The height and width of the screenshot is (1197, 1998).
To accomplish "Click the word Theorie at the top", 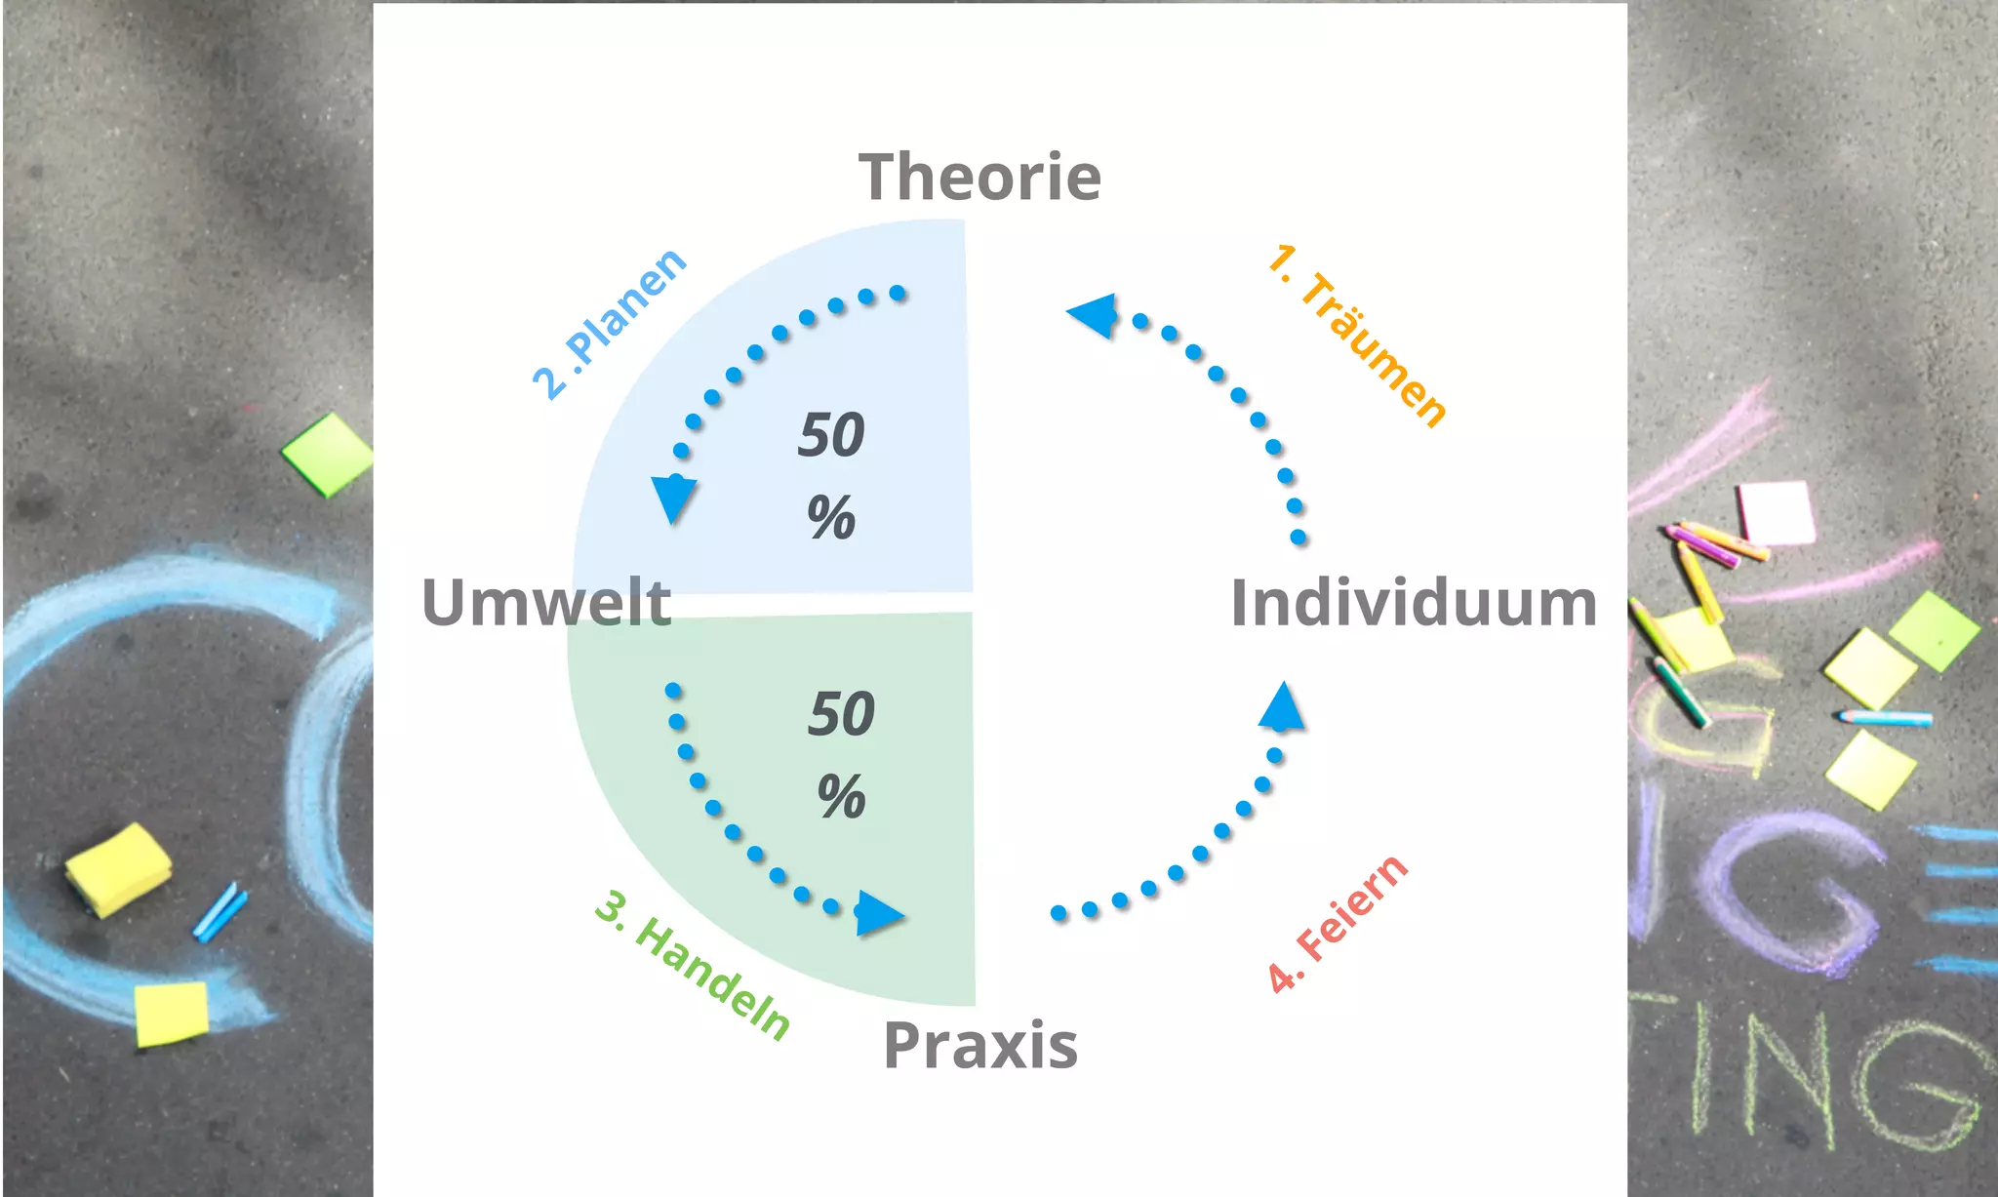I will pyautogui.click(x=979, y=179).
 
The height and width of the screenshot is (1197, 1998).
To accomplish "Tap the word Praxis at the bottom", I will pyautogui.click(x=979, y=1047).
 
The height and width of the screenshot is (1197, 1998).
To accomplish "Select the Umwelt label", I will pyautogui.click(x=545, y=603).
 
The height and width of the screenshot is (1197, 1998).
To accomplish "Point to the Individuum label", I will pyautogui.click(x=1413, y=603).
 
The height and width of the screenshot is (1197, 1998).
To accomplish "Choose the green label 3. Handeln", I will pyautogui.click(x=693, y=965).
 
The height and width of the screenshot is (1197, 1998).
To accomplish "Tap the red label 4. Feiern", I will pyautogui.click(x=1337, y=923).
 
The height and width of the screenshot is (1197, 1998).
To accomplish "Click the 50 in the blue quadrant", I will pyautogui.click(x=831, y=435).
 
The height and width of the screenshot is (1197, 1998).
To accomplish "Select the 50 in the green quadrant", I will pyautogui.click(x=841, y=714).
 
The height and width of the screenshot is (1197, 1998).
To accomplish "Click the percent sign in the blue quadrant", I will pyautogui.click(x=831, y=517).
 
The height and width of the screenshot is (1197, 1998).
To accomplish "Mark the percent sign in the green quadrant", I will pyautogui.click(x=841, y=796).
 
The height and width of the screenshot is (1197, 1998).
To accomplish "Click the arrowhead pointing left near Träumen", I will pyautogui.click(x=1094, y=314).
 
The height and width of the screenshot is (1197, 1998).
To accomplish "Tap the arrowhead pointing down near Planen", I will pyautogui.click(x=673, y=498).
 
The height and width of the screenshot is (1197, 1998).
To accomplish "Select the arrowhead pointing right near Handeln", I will pyautogui.click(x=878, y=914).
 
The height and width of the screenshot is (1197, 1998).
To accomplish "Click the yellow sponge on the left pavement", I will pyautogui.click(x=118, y=868).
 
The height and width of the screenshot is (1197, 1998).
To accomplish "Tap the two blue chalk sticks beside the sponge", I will pyautogui.click(x=220, y=912).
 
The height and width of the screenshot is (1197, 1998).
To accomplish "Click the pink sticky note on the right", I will pyautogui.click(x=1776, y=512).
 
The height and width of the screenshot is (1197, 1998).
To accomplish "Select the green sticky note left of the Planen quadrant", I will pyautogui.click(x=328, y=454).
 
